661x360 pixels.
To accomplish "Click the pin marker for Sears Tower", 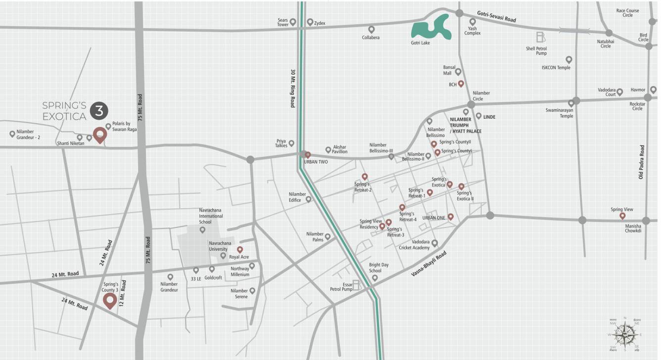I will coord(293,22).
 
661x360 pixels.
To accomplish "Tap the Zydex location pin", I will coord(310,22).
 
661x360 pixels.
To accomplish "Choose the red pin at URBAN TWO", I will coord(307,155).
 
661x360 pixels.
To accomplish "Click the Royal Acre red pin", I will coord(240,249).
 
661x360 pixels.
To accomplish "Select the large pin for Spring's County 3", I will coord(109,300).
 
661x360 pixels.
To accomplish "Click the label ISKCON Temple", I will coord(556,68).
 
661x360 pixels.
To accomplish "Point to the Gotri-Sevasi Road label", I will coord(496,17).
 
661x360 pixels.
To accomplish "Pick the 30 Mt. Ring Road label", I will coord(292,88).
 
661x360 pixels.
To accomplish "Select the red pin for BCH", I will coord(461,84).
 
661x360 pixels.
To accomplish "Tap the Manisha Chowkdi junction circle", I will coord(646,221).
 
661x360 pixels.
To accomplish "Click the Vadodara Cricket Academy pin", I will coord(434,243).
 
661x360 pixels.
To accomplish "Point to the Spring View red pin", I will coord(622,216).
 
